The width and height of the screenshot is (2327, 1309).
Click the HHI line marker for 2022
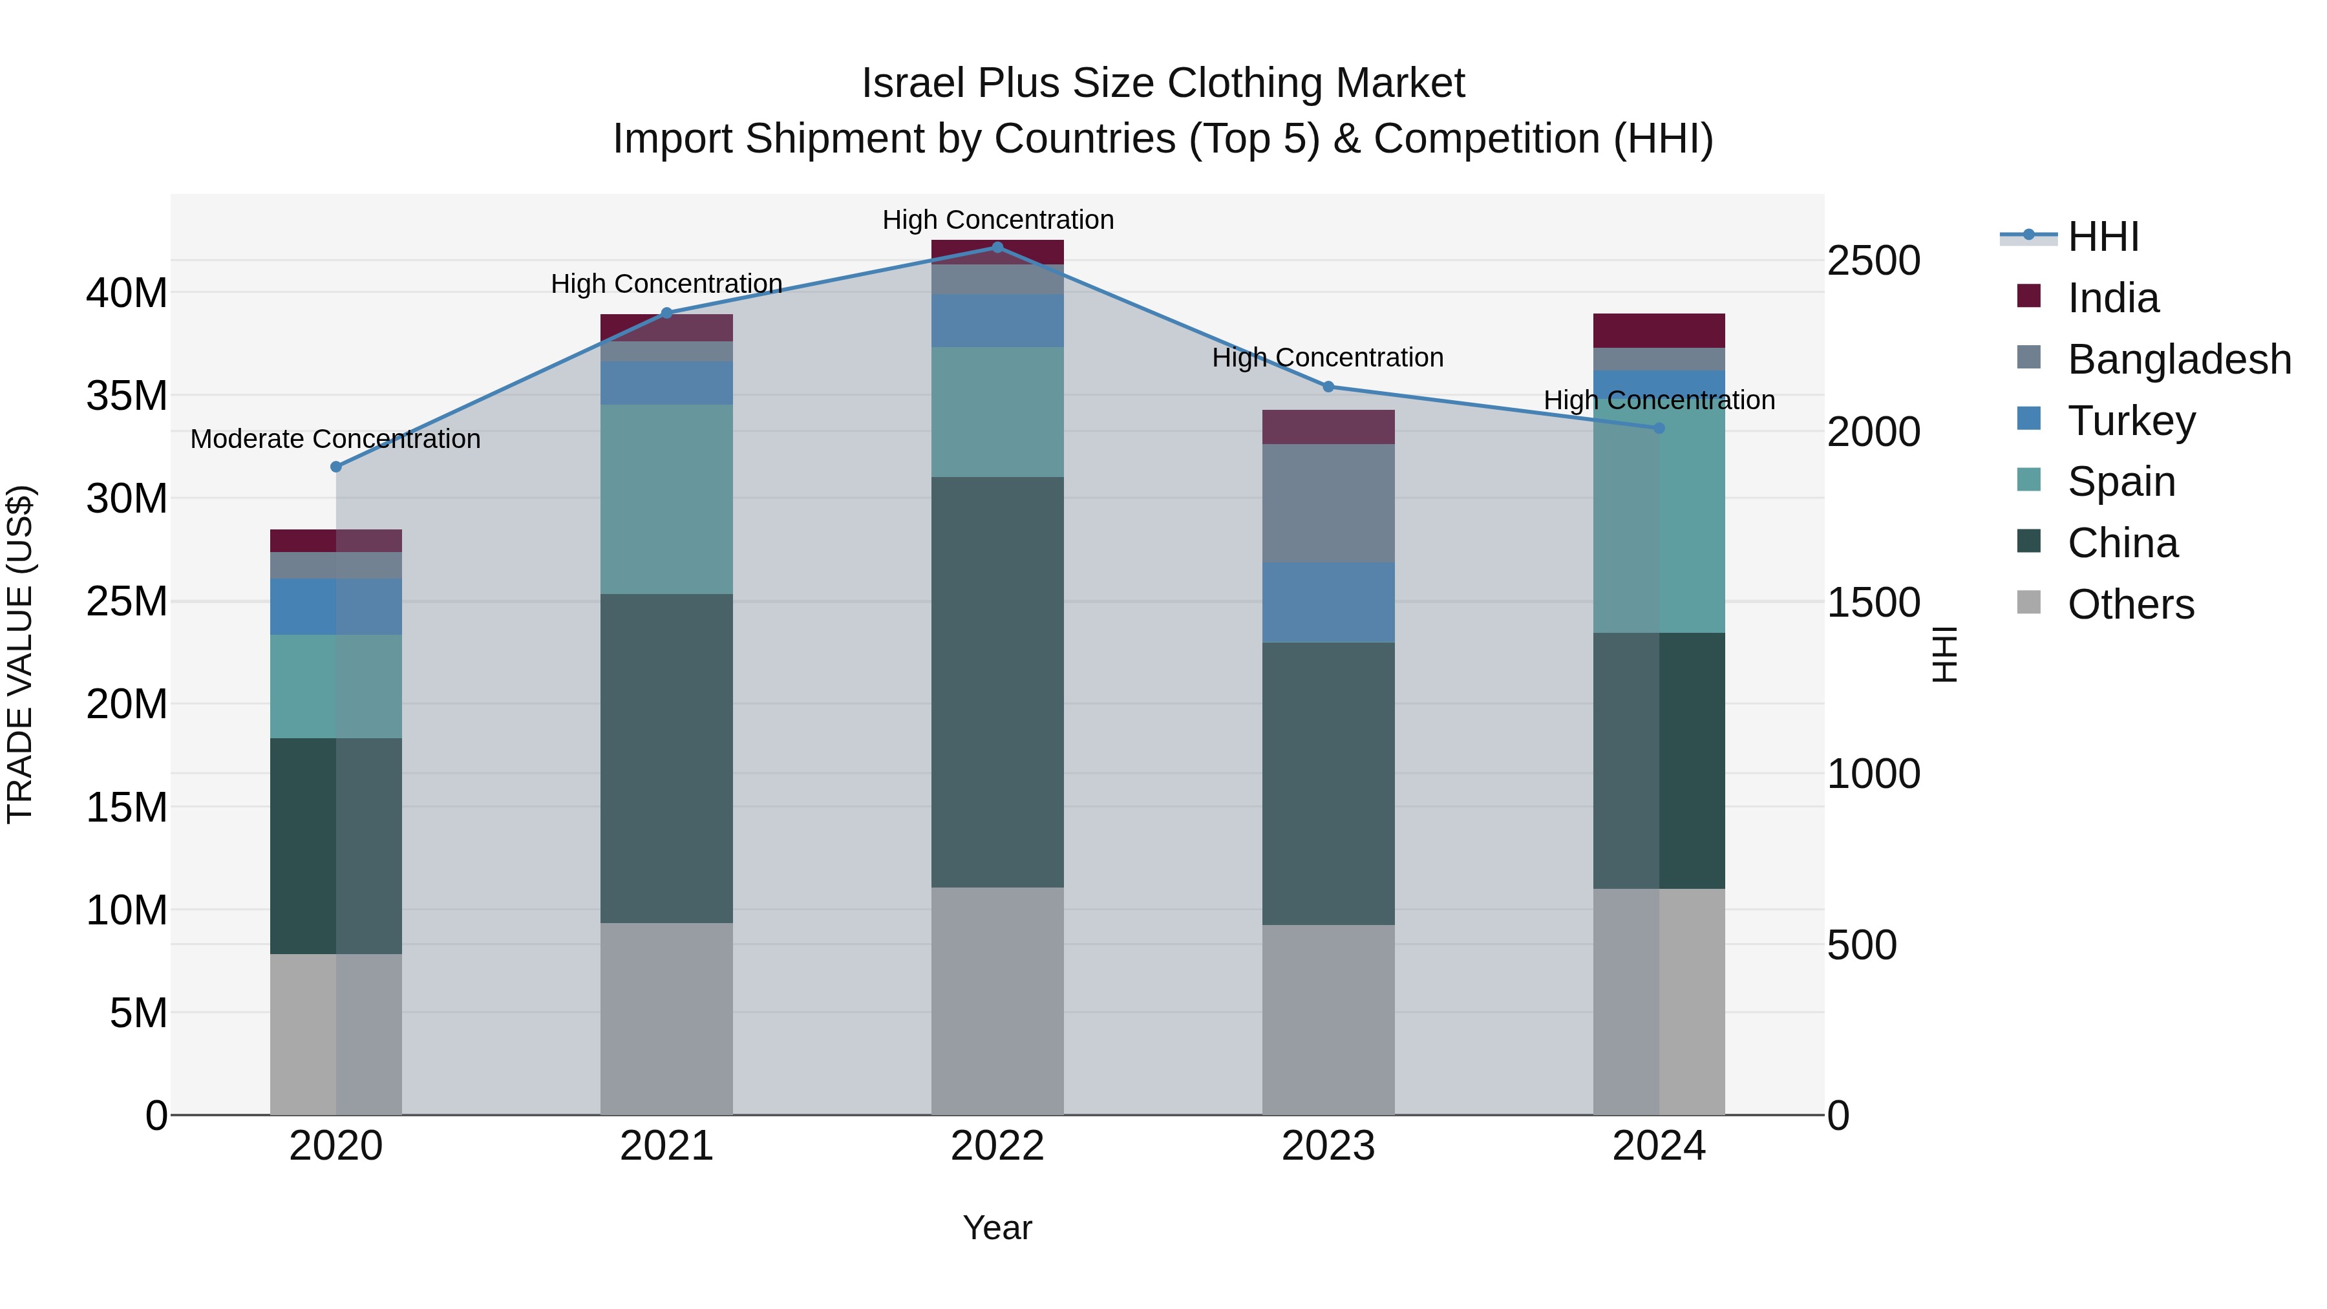pyautogui.click(x=997, y=248)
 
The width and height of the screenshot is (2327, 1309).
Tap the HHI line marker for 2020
pyautogui.click(x=336, y=467)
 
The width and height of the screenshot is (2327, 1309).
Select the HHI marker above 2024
pyautogui.click(x=1659, y=428)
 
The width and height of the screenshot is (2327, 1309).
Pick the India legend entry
pyautogui.click(x=2113, y=298)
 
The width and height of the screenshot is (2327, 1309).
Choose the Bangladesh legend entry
pyautogui.click(x=2179, y=359)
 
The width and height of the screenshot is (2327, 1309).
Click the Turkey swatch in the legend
pyautogui.click(x=2029, y=419)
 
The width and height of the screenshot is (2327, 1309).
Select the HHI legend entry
pyautogui.click(x=2103, y=237)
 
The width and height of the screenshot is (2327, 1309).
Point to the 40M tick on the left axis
pyautogui.click(x=127, y=293)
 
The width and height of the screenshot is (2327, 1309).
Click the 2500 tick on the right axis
pyautogui.click(x=1873, y=261)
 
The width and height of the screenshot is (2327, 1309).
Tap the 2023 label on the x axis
pyautogui.click(x=1328, y=1146)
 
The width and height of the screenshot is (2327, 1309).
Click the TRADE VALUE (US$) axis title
pyautogui.click(x=20, y=654)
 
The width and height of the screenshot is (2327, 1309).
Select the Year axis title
pyautogui.click(x=997, y=1228)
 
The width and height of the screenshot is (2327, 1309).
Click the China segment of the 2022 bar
pyautogui.click(x=997, y=682)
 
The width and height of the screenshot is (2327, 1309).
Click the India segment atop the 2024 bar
pyautogui.click(x=1659, y=330)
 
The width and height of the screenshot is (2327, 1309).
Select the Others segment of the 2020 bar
pyautogui.click(x=336, y=1034)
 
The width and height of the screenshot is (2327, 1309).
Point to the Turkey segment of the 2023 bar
pyautogui.click(x=1328, y=602)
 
